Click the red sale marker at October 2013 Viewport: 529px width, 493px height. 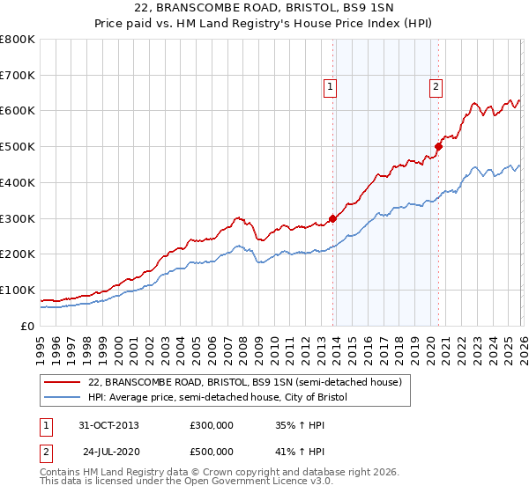(332, 218)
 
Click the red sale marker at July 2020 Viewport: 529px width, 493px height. (438, 147)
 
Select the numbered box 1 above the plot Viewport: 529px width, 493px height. (329, 86)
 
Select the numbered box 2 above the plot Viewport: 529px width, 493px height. (436, 86)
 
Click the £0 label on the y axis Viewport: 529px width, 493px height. (26, 326)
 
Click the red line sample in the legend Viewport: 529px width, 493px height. (63, 382)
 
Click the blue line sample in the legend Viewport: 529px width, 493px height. (63, 397)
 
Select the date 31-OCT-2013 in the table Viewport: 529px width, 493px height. (109, 425)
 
